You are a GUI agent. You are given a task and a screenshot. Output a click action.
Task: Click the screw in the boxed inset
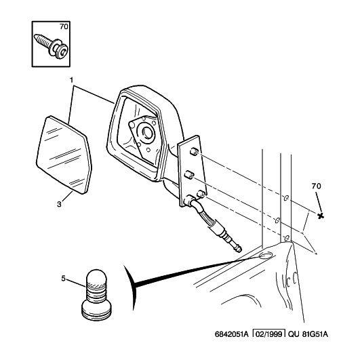click(51, 46)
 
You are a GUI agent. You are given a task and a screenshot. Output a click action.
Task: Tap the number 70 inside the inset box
click(64, 27)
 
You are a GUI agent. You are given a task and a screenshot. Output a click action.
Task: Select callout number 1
click(72, 80)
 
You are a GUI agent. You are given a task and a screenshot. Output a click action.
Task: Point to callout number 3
click(59, 204)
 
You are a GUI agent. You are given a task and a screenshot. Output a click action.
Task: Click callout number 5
click(63, 279)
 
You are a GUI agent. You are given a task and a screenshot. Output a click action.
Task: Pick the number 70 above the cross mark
click(317, 186)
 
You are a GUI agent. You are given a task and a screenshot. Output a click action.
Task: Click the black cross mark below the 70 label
click(321, 216)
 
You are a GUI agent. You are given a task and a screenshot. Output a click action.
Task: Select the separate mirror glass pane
click(64, 155)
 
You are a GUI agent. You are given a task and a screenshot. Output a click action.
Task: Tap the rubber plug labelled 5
click(96, 295)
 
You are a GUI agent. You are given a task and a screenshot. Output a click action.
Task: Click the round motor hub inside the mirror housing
click(146, 132)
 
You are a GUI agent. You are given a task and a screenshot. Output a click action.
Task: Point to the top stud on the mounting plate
click(194, 152)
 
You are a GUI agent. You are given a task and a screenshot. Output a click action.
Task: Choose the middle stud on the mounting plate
click(189, 175)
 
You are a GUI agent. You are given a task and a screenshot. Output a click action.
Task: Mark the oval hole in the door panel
click(266, 255)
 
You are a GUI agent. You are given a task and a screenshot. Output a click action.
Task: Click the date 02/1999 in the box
click(269, 334)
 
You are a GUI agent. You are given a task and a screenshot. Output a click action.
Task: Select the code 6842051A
click(231, 334)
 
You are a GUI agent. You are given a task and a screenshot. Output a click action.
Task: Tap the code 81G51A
click(315, 334)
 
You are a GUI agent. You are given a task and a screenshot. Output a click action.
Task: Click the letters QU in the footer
click(294, 334)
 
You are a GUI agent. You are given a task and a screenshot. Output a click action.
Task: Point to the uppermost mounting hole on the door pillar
click(286, 198)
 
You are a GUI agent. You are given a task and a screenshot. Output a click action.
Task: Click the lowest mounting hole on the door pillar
click(287, 239)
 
